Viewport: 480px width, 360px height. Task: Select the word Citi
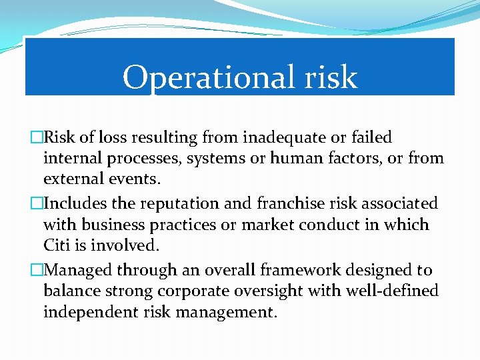pos(57,245)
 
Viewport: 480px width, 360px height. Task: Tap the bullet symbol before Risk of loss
pos(37,137)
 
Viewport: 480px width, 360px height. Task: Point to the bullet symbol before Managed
pos(37,269)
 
